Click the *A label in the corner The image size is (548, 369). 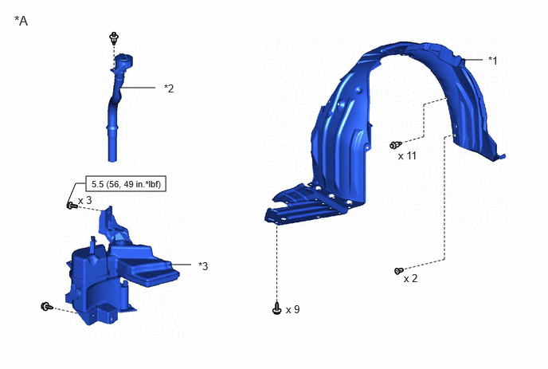[21, 21]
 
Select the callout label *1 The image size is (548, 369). [492, 60]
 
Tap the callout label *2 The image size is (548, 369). [169, 88]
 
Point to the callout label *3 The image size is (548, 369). [203, 266]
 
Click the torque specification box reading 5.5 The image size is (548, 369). [126, 184]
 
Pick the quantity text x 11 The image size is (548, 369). [407, 155]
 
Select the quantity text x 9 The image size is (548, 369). [292, 309]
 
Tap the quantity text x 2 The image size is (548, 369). [410, 278]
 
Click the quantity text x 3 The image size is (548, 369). [84, 200]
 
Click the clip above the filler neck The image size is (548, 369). [114, 37]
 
